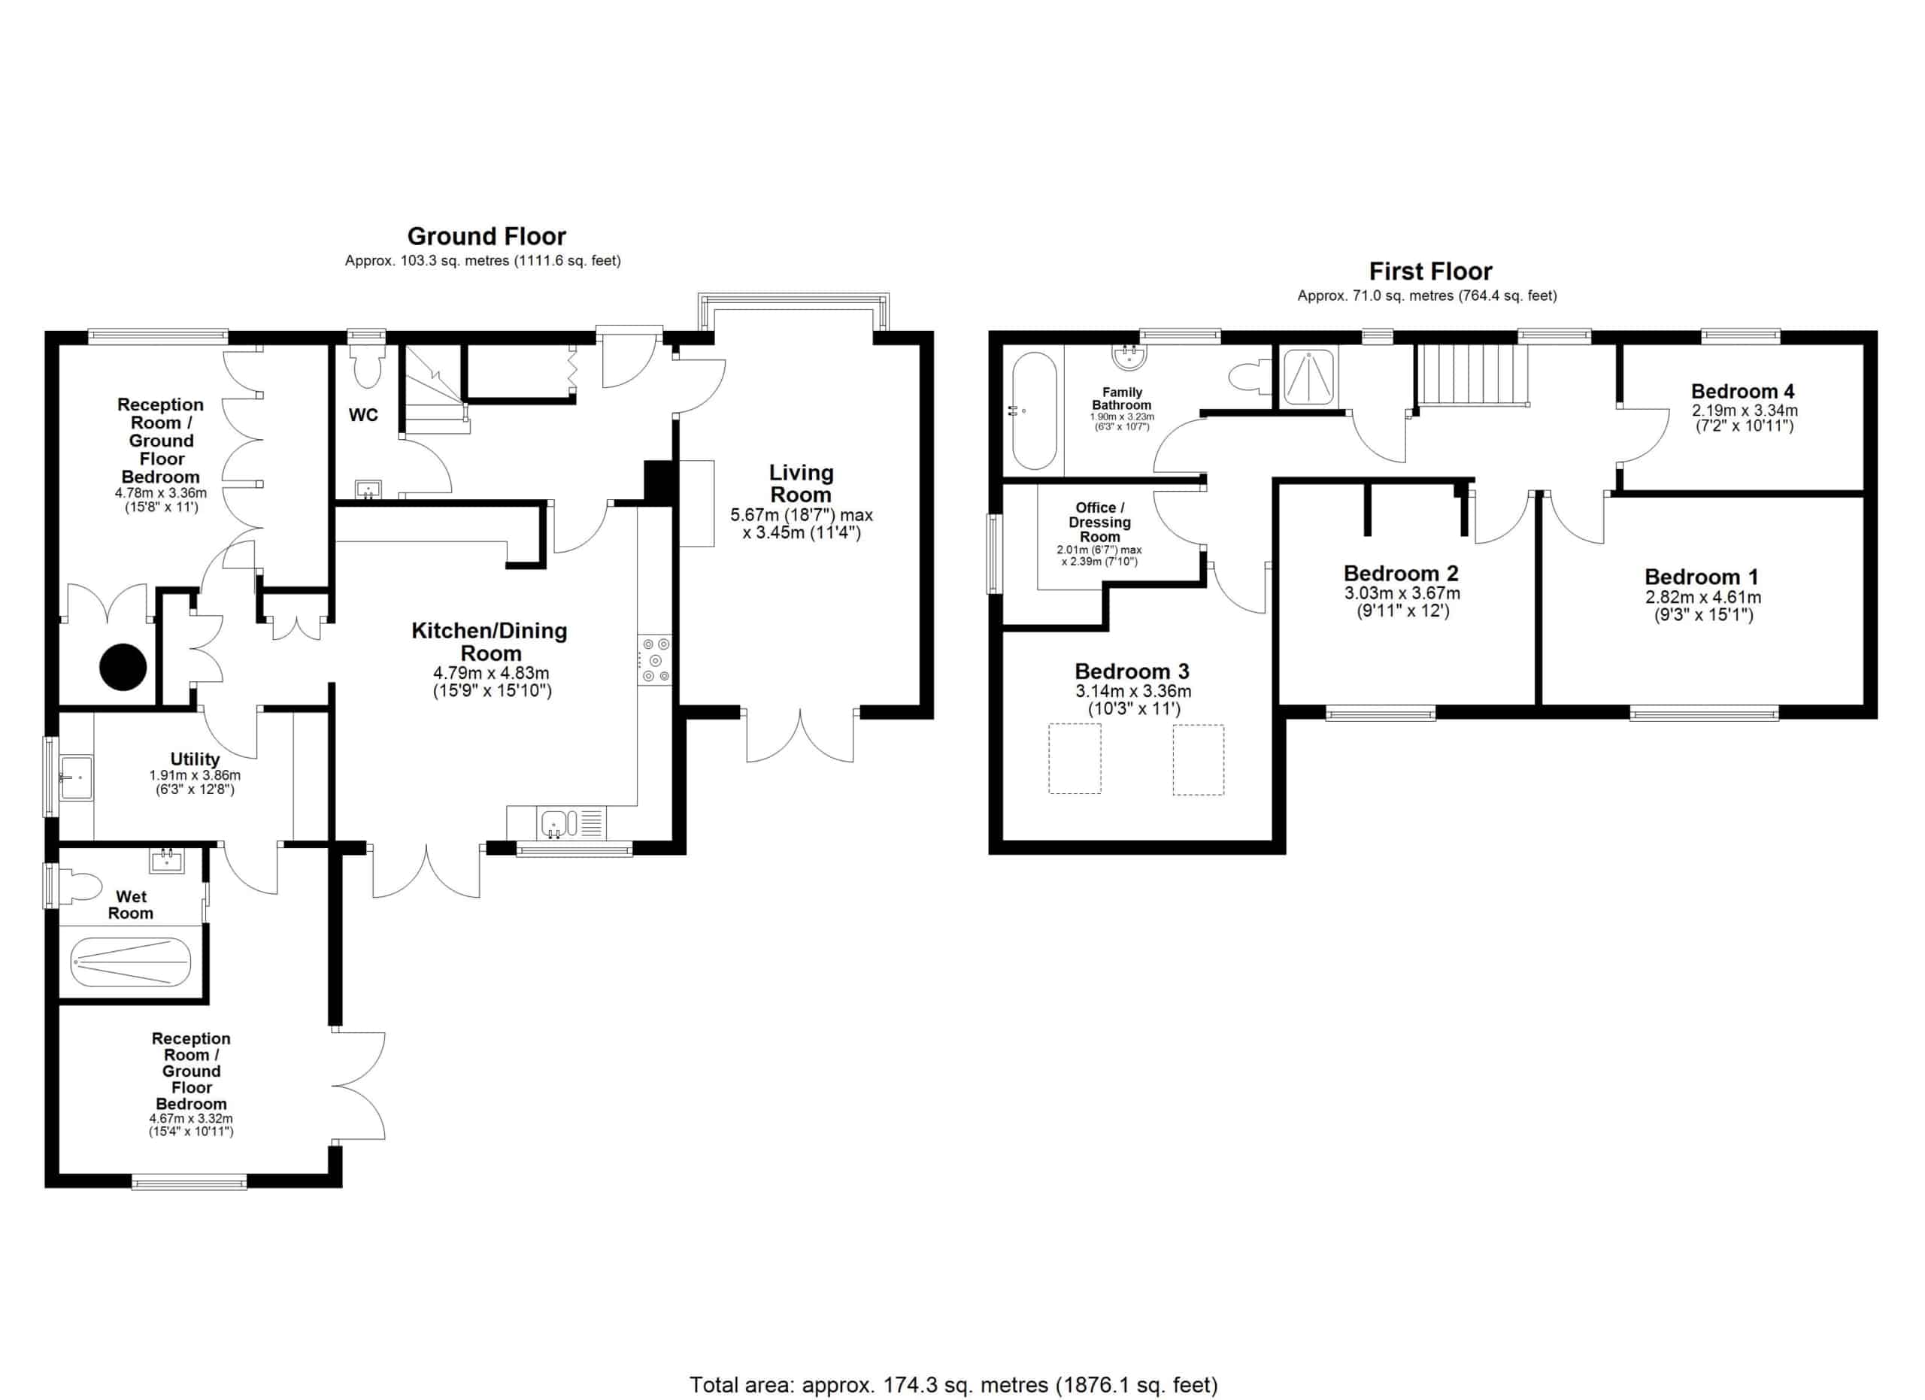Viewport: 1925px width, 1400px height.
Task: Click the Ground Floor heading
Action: (x=487, y=236)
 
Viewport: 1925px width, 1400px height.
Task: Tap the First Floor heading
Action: (x=1430, y=271)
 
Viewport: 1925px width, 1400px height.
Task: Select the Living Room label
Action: (x=802, y=483)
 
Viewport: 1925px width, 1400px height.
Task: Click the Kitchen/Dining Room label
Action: (x=490, y=641)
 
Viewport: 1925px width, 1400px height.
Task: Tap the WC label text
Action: (x=363, y=415)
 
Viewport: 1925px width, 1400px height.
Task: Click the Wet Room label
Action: (x=131, y=905)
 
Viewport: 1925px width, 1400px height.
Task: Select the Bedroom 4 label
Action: (x=1742, y=391)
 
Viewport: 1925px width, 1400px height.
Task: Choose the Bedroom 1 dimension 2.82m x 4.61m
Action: (x=1702, y=597)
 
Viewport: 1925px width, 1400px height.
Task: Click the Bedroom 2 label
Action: (x=1400, y=574)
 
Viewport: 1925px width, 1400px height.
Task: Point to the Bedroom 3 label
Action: (x=1132, y=672)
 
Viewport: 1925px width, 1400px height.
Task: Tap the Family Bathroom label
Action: (x=1121, y=398)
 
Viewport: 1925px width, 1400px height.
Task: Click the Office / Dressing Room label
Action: (x=1099, y=522)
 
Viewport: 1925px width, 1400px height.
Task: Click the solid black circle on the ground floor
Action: (x=123, y=667)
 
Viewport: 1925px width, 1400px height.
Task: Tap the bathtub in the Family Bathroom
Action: (x=1034, y=411)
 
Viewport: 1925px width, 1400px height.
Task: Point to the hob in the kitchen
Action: (x=654, y=660)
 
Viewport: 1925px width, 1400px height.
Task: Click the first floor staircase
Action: (x=1472, y=375)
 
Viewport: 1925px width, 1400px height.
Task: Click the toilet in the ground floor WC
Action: (x=368, y=364)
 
